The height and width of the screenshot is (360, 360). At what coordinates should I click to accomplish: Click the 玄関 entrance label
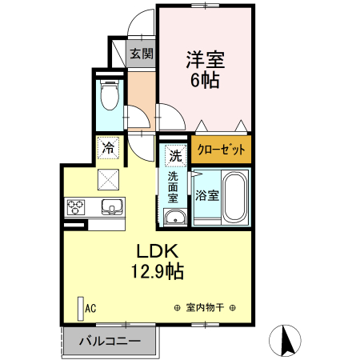(142, 54)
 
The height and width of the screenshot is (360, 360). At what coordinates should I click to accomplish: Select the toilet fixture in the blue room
(110, 95)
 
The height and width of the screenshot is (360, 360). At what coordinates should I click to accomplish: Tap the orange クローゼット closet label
(220, 150)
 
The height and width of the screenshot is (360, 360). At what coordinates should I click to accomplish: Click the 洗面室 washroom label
(174, 188)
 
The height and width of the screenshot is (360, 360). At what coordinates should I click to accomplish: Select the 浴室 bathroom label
(206, 195)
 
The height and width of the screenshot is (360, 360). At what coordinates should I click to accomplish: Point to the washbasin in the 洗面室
(174, 219)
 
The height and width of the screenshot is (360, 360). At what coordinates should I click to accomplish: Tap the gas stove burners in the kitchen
(77, 207)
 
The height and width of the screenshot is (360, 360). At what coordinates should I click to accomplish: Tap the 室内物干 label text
(205, 307)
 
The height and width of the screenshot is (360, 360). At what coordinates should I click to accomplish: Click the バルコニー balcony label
(110, 342)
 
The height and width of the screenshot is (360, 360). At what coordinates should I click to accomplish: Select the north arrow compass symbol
(286, 340)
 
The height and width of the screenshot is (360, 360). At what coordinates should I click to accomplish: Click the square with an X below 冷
(108, 178)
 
